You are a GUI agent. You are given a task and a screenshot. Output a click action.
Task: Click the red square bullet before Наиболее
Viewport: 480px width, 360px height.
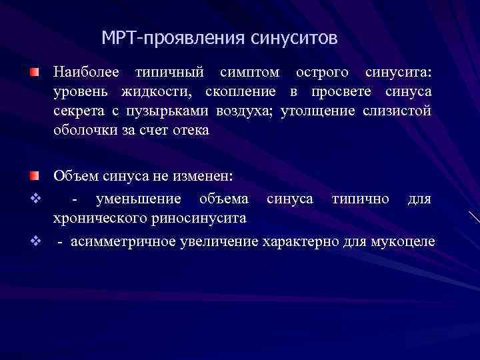click(x=34, y=71)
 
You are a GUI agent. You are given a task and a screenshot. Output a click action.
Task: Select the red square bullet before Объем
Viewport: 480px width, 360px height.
click(x=34, y=176)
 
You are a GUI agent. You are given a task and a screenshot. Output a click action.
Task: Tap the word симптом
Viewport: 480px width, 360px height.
click(x=247, y=71)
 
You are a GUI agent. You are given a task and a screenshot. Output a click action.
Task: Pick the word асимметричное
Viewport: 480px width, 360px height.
click(x=119, y=240)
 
